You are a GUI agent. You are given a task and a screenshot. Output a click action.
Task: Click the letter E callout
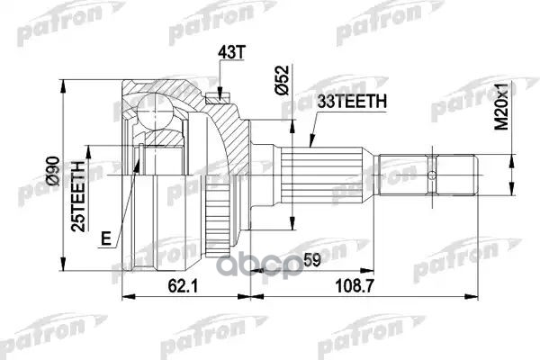pyautogui.click(x=106, y=238)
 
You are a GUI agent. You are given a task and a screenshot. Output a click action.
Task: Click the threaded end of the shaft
pyautogui.click(x=427, y=175)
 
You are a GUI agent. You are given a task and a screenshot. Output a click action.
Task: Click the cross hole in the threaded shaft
pyautogui.click(x=433, y=175)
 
